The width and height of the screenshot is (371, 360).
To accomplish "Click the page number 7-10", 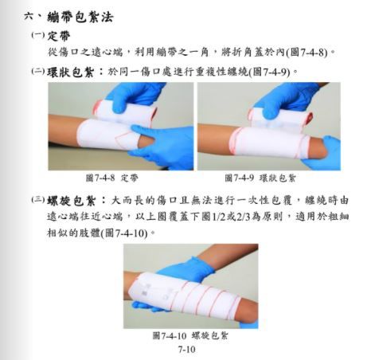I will coord(186,349).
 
